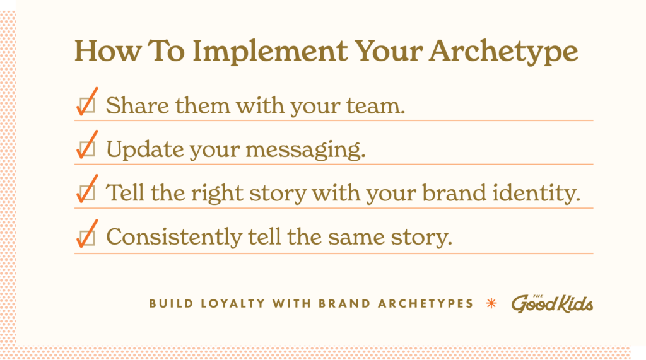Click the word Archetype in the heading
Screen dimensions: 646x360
coord(503,52)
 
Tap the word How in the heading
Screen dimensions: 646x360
coord(108,50)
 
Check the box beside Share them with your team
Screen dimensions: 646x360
coord(87,105)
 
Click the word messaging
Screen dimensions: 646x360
coord(306,150)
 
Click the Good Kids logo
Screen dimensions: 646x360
coord(552,304)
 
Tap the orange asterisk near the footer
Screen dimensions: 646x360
coord(491,303)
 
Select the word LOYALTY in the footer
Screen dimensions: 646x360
coord(233,303)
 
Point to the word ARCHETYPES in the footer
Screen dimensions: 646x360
coord(426,303)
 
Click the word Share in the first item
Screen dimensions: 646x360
coord(138,105)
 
